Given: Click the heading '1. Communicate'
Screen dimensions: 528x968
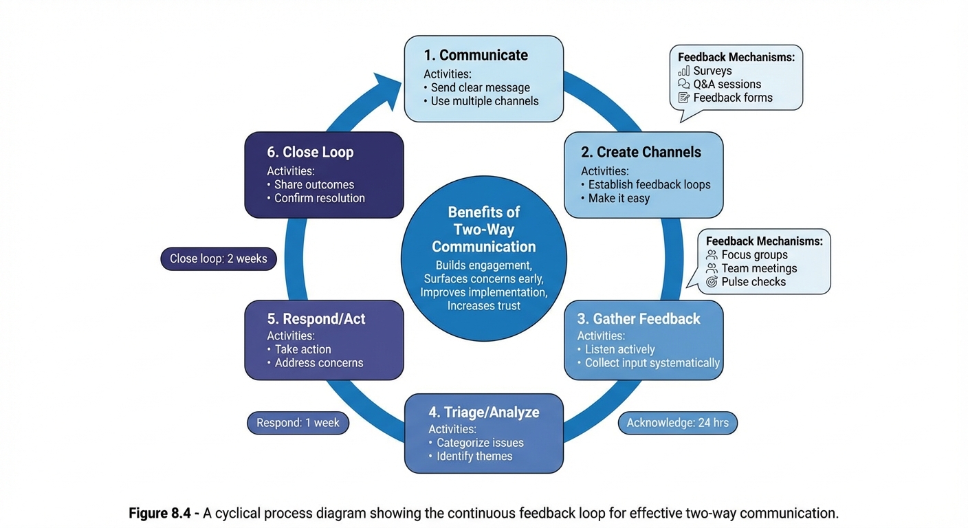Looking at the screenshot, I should [x=476, y=56].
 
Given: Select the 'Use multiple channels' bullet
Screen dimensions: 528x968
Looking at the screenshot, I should [x=484, y=101].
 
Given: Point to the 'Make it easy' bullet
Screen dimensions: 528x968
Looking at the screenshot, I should [x=618, y=198].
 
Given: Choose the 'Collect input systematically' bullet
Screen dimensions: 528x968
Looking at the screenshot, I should [x=652, y=363].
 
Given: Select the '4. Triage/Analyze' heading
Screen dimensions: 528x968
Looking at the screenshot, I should [x=484, y=412].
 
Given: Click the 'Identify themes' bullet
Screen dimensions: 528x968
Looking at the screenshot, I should [x=474, y=456].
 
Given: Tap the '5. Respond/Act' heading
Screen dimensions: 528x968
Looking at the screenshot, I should [x=316, y=319].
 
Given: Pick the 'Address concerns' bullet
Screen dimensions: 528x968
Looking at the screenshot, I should [x=318, y=363].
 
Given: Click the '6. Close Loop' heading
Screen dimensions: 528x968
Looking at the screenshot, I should [x=310, y=153].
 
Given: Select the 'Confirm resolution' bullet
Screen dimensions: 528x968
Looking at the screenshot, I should [x=319, y=198].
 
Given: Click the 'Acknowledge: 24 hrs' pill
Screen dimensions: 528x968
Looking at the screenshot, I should [x=677, y=423].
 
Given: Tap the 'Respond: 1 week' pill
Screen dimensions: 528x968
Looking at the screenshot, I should [x=298, y=423].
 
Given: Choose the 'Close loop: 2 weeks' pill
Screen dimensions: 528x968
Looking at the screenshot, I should [x=219, y=259].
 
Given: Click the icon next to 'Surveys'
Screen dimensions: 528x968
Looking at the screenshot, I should [x=683, y=71].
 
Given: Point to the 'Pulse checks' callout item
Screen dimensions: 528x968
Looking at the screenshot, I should [x=753, y=282].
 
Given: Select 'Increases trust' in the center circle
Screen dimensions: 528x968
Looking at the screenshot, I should [x=483, y=306].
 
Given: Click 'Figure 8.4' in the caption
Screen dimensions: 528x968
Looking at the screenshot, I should [x=164, y=514].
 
